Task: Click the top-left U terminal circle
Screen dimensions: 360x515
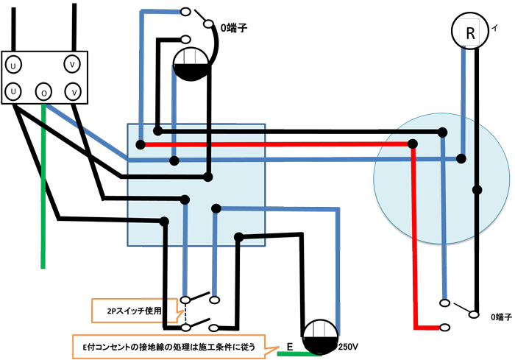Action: tap(13, 65)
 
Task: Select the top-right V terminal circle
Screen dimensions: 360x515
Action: tap(72, 65)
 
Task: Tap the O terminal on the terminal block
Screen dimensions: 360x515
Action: tap(44, 92)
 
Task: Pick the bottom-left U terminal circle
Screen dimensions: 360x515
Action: tap(13, 91)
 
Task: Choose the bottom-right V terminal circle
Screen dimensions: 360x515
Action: tap(72, 91)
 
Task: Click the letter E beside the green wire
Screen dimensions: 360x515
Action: tap(289, 345)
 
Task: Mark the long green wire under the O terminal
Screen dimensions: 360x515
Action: tap(44, 184)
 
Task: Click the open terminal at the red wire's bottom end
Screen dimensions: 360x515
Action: tap(445, 326)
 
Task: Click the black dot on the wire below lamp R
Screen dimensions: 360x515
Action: tap(477, 190)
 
